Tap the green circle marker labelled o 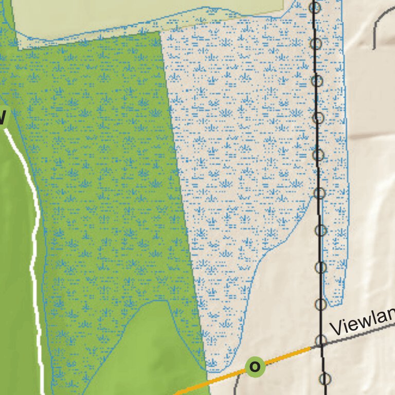coord(255,367)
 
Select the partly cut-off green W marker coord(3,116)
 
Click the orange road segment coord(216,379)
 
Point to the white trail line coord(35,231)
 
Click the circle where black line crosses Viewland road coord(321,340)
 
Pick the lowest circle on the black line coord(325,380)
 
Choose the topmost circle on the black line coord(315,7)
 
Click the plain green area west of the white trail coord(15,257)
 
